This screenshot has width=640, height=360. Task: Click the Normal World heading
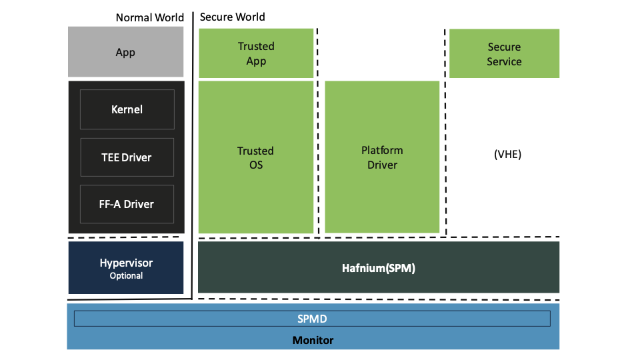tap(149, 17)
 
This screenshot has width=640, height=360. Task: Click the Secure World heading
tap(232, 17)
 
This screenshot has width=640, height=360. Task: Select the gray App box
tap(125, 52)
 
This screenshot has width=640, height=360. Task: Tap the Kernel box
tap(127, 109)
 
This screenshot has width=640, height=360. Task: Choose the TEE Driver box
tap(127, 157)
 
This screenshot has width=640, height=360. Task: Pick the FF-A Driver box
tap(127, 204)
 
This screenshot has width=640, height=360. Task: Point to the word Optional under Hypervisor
tap(126, 275)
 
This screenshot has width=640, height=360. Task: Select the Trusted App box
tap(256, 53)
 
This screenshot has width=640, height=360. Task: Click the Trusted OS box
tap(256, 157)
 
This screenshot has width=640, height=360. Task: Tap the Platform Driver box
tap(382, 157)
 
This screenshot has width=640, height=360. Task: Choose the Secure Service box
tap(504, 54)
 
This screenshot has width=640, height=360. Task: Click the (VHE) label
tap(507, 154)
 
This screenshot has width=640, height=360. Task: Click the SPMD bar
tap(312, 319)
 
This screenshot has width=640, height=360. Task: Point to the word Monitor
tap(313, 340)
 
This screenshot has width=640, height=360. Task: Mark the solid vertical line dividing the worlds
tap(193, 153)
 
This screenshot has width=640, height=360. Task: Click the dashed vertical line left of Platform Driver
tap(318, 133)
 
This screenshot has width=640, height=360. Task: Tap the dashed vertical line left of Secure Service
tap(445, 133)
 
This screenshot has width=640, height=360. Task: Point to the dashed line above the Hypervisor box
tap(125, 237)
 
